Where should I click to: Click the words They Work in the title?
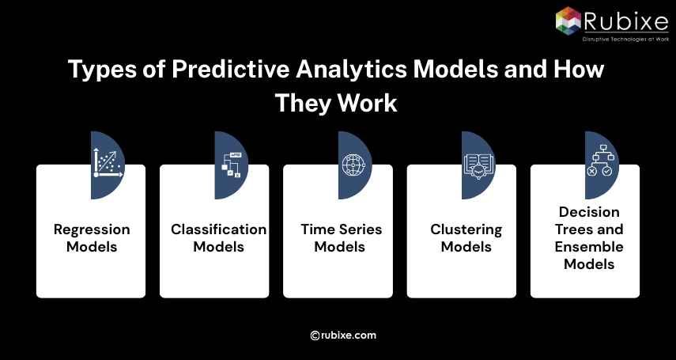(336, 103)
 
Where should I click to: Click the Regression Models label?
(91, 238)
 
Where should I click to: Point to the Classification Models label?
(219, 238)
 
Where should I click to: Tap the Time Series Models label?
(341, 238)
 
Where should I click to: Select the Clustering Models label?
(466, 238)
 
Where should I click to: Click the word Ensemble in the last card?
(589, 247)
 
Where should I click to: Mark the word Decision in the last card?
(589, 212)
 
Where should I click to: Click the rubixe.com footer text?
(349, 335)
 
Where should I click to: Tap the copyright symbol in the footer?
(315, 335)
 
